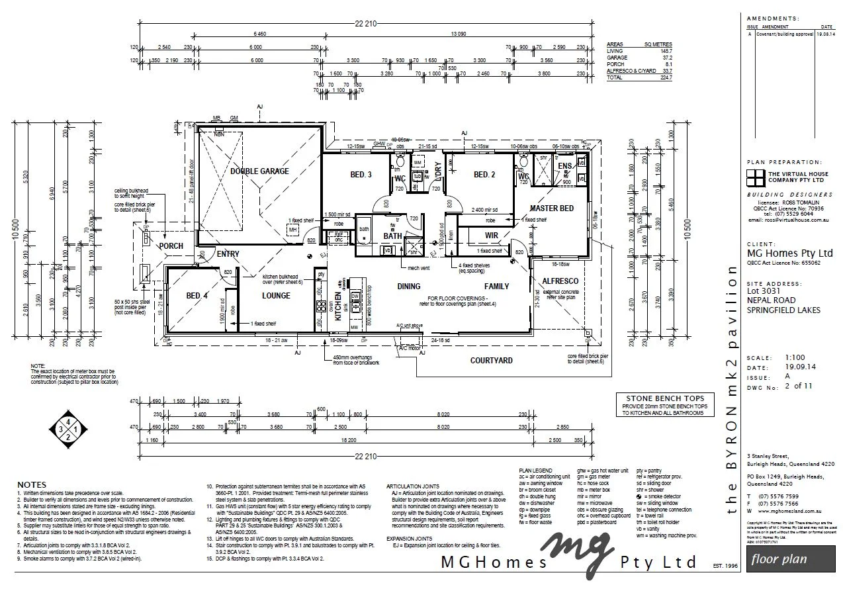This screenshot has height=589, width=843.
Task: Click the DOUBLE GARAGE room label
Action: coord(259,171)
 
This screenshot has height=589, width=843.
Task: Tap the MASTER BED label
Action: coord(551,208)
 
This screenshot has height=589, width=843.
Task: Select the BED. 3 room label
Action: coord(361,175)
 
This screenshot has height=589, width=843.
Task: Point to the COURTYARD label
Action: coord(491,361)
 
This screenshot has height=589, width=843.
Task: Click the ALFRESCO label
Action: coord(560,281)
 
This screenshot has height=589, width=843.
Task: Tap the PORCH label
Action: coord(171,246)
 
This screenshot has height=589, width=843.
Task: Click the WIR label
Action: coord(491,235)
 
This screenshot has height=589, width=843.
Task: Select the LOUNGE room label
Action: coord(276,296)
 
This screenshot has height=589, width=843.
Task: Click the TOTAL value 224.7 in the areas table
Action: coord(664,78)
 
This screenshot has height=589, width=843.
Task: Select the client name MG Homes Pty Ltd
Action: coord(789,253)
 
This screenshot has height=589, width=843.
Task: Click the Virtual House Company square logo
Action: coord(754,177)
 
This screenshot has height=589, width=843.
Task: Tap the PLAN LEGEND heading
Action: coord(536,471)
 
